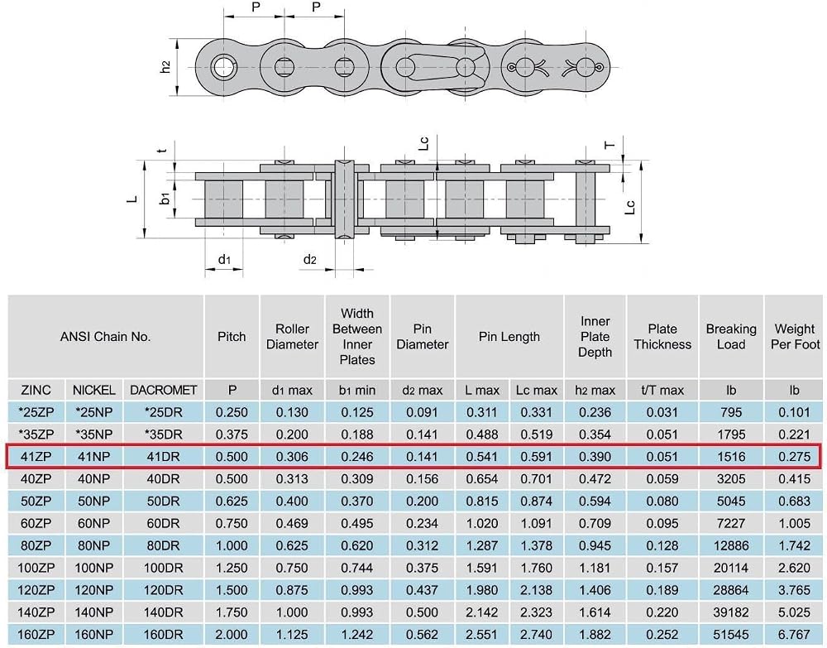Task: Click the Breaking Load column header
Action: [731, 337]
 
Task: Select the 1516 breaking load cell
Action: [731, 457]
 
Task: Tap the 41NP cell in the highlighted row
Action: [94, 457]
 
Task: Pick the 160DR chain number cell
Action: [163, 634]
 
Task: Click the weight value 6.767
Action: [794, 634]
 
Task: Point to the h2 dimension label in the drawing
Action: [165, 67]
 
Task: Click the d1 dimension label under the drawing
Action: [224, 259]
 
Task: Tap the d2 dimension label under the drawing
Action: [309, 259]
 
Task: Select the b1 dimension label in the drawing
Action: [165, 199]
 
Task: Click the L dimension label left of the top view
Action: [132, 199]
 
